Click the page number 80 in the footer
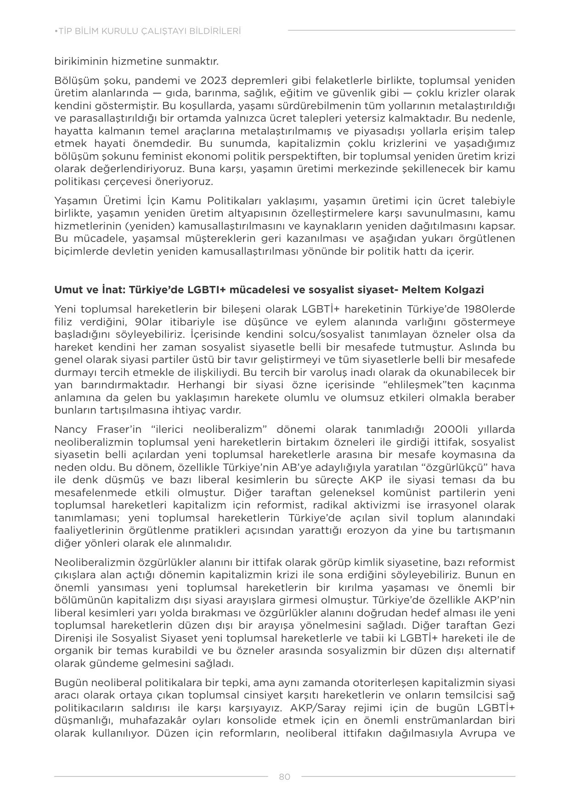pos(284,777)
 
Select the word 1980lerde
pos(489,309)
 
